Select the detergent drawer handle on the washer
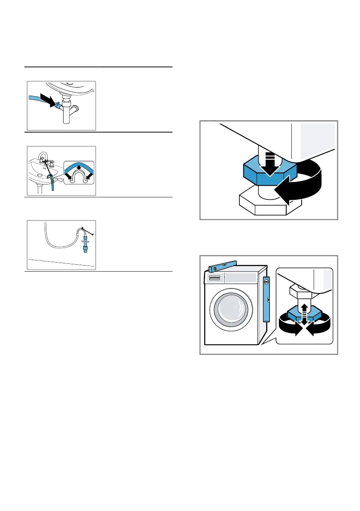[x=213, y=278]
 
